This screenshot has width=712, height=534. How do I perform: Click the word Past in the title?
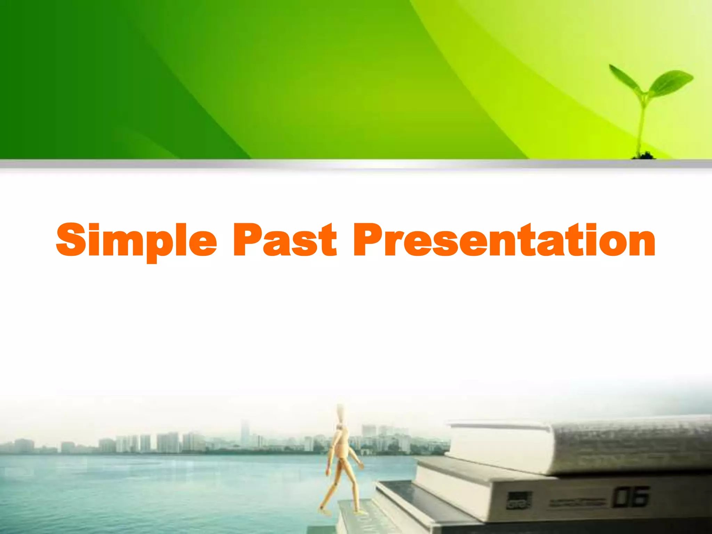tap(285, 240)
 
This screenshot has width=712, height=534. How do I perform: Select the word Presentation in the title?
tap(504, 240)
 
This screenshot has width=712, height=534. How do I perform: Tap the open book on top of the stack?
tap(574, 445)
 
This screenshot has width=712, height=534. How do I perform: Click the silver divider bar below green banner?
tap(356, 164)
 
